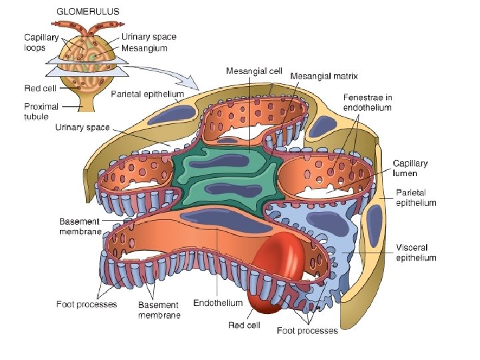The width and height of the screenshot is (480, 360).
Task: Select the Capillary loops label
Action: (41, 42)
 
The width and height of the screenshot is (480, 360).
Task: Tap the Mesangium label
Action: (145, 48)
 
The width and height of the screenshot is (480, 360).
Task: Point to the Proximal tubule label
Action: (41, 111)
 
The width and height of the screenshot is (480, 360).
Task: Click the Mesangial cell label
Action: (255, 70)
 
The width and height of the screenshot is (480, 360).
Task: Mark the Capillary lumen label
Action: (409, 168)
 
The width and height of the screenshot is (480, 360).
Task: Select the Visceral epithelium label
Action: (416, 253)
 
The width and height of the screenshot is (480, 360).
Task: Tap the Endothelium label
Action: (218, 303)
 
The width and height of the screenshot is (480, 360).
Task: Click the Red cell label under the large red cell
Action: (245, 326)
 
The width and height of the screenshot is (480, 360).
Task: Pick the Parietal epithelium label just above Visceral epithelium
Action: (416, 198)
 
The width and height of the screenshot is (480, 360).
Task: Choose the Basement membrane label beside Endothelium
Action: (159, 310)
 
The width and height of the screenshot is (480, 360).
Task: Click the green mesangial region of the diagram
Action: (220, 177)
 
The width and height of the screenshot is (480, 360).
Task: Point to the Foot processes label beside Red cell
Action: (307, 331)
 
